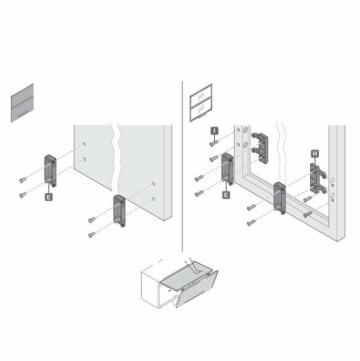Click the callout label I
[214, 131]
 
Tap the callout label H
[315, 154]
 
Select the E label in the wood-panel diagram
[49, 197]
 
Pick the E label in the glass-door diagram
[226, 195]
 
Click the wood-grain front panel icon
[22, 103]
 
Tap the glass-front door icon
[201, 103]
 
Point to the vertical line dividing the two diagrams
[182, 166]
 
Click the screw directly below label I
[214, 144]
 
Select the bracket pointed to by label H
[317, 178]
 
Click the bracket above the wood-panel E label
[50, 171]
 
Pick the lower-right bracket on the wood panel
[119, 211]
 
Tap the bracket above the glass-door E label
[227, 169]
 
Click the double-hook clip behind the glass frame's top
[260, 148]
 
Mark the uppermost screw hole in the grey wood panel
[85, 144]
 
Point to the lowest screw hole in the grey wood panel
[154, 199]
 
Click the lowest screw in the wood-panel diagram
[92, 235]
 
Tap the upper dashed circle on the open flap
[205, 285]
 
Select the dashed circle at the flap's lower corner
[178, 301]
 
